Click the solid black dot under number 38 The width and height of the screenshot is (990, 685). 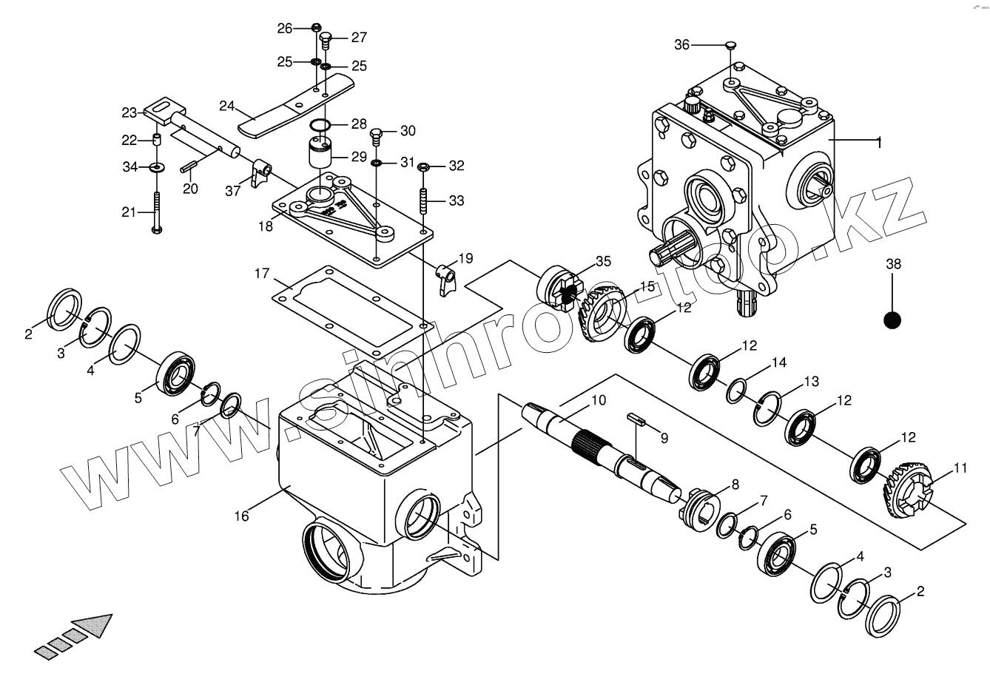[x=892, y=320]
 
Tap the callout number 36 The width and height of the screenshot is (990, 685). [x=681, y=45]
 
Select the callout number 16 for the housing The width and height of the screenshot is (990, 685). [x=242, y=516]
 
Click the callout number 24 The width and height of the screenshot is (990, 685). [x=226, y=106]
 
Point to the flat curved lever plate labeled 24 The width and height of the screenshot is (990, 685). [x=296, y=104]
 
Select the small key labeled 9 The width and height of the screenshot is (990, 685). [x=637, y=421]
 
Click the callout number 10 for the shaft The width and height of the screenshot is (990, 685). [x=598, y=400]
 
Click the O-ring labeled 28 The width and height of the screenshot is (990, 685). [x=320, y=124]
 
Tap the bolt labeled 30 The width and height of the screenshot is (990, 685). [x=376, y=135]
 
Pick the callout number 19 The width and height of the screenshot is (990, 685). [x=465, y=258]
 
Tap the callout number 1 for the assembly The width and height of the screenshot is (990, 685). [x=879, y=141]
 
